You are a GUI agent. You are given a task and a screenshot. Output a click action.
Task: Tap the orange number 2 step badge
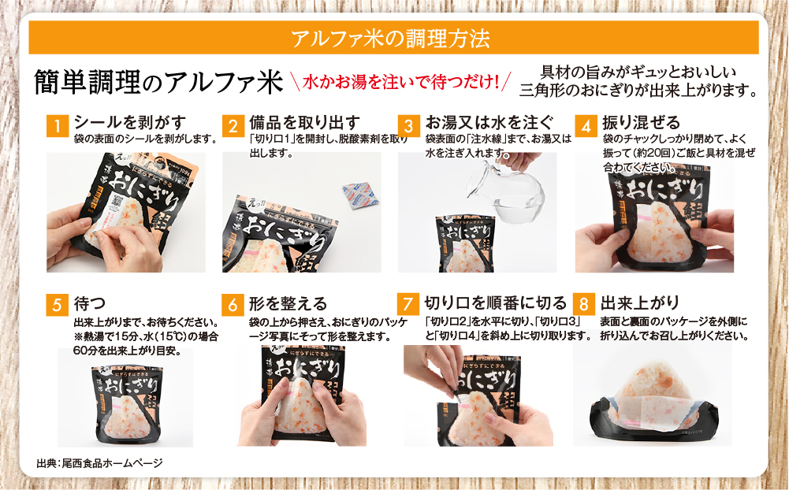click(x=233, y=125)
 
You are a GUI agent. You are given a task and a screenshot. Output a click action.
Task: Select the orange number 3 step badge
click(x=408, y=125)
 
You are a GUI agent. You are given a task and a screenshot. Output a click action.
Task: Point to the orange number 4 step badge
click(x=584, y=125)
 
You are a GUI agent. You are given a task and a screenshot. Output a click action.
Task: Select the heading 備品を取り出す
click(x=304, y=122)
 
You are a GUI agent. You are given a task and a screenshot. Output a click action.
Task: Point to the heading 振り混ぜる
click(x=635, y=122)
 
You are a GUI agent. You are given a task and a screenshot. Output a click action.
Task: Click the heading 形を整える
click(x=287, y=303)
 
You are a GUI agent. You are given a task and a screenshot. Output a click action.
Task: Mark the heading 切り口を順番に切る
click(x=495, y=303)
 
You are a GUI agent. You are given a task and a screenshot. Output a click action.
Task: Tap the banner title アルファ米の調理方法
click(x=393, y=37)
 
